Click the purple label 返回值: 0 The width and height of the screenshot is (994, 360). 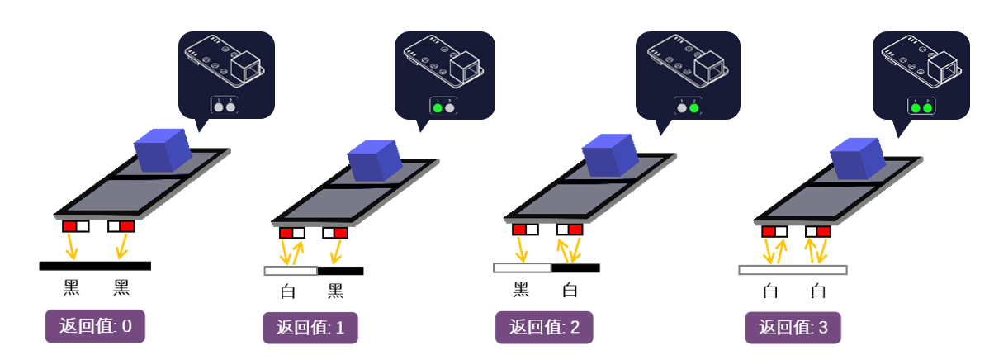click(x=95, y=326)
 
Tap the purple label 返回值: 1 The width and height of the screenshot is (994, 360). click(x=310, y=328)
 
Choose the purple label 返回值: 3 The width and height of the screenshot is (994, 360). click(x=793, y=327)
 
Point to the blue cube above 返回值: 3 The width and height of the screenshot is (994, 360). click(x=858, y=159)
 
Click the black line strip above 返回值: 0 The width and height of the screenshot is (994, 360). click(x=95, y=266)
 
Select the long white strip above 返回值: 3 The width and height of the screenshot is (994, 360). click(x=793, y=270)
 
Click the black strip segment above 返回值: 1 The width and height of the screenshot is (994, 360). click(x=340, y=271)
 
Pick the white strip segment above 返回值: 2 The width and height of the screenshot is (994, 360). click(x=522, y=268)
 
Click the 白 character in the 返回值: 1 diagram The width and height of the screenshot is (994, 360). click(x=287, y=291)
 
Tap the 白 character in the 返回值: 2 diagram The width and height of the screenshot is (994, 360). click(x=570, y=290)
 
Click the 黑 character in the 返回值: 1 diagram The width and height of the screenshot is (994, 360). click(x=335, y=291)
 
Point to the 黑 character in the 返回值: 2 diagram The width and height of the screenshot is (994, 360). click(x=521, y=290)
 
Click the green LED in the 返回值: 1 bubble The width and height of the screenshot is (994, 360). click(x=437, y=107)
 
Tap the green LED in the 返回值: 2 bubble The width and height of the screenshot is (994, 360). click(x=693, y=107)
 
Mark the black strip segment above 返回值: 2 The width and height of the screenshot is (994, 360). click(x=575, y=268)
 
